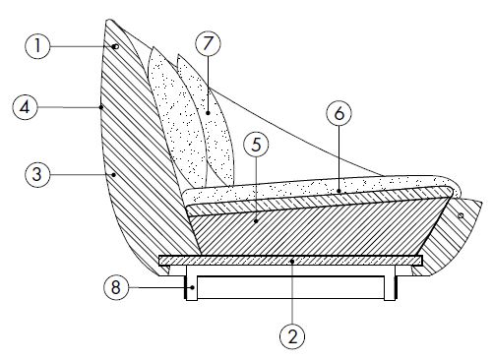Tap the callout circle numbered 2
(292, 335)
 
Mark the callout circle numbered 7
(208, 44)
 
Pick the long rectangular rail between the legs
(290, 287)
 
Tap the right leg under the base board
(396, 283)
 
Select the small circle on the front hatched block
(460, 214)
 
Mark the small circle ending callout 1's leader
(115, 47)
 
